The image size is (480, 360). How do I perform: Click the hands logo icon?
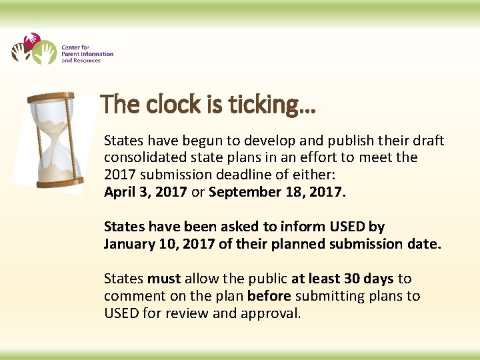(34, 49)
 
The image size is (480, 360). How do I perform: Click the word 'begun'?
(204, 141)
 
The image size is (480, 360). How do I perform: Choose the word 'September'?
(241, 193)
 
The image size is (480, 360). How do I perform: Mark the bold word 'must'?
(164, 278)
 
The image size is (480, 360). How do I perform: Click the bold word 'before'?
(269, 295)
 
